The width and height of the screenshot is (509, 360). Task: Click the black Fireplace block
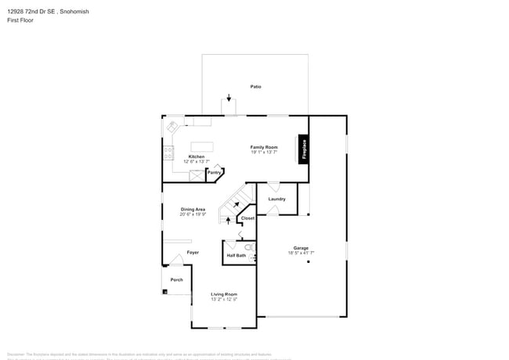tap(303, 149)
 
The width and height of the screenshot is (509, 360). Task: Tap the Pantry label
tap(214, 173)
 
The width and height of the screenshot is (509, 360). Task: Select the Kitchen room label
tap(197, 157)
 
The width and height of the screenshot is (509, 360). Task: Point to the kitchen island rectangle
tap(202, 146)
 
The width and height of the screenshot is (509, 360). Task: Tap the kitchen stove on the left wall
tap(168, 153)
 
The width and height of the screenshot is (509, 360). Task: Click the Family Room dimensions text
tap(264, 153)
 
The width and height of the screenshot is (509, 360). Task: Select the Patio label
tap(255, 86)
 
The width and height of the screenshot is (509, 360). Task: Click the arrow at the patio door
tap(229, 99)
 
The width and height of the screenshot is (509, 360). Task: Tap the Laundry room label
tap(276, 199)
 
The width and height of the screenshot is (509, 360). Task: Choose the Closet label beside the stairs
tap(247, 218)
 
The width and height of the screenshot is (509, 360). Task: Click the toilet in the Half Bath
tap(249, 247)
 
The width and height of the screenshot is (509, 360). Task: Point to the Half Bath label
tap(236, 255)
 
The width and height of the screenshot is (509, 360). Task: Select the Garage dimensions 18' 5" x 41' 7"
tap(301, 253)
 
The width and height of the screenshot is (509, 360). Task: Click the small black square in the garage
tap(309, 262)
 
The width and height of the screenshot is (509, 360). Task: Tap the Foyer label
tap(193, 252)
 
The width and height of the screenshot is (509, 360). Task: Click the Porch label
tap(177, 279)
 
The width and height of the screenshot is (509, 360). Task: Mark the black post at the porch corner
tap(165, 292)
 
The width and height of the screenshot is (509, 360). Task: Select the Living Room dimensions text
tap(224, 299)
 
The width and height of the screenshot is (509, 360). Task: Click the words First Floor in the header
tap(20, 20)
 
